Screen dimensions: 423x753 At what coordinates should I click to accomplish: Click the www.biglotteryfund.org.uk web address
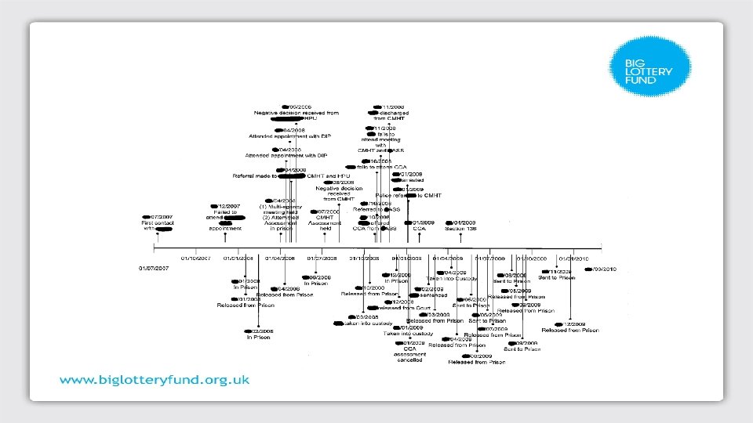click(x=155, y=380)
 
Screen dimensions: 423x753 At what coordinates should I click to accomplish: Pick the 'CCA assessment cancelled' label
click(x=409, y=355)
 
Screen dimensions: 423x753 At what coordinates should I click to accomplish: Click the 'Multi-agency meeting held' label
click(x=279, y=210)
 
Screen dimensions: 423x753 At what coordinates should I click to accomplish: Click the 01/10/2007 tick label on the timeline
click(x=195, y=258)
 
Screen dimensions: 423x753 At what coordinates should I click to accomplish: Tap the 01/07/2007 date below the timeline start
click(x=155, y=269)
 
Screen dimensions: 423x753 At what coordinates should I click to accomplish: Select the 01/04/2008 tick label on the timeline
click(x=279, y=258)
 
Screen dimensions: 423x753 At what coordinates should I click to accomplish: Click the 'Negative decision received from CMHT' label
click(x=336, y=193)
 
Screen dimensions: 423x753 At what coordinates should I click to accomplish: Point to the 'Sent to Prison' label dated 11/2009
click(x=556, y=278)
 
